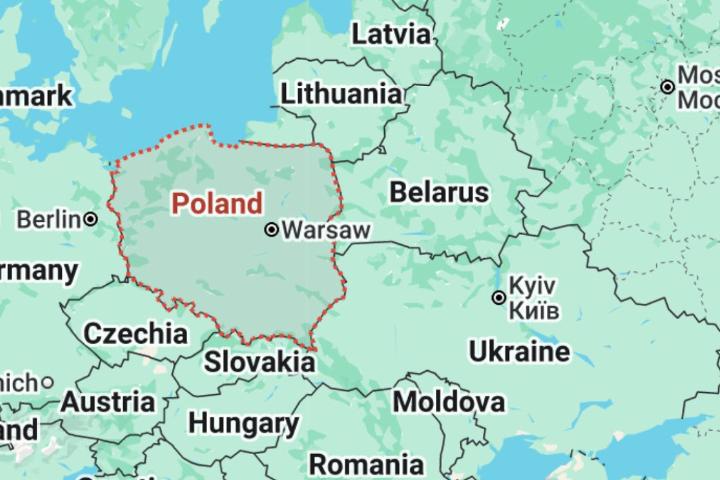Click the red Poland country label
click(x=217, y=204)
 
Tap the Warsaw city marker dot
click(x=272, y=230)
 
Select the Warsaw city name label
click(x=326, y=230)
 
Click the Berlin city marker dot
click(x=91, y=219)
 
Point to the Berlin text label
click(x=49, y=220)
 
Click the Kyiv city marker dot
click(x=499, y=297)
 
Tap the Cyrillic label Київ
click(x=534, y=311)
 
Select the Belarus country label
click(x=439, y=193)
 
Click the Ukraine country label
click(x=519, y=352)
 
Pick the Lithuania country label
click(x=341, y=95)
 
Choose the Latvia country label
click(x=391, y=34)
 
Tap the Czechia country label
click(x=136, y=333)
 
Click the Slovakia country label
click(x=259, y=363)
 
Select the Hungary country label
click(x=244, y=424)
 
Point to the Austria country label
click(x=108, y=402)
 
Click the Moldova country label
click(x=448, y=402)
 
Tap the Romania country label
click(x=366, y=465)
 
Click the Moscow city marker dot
click(x=668, y=87)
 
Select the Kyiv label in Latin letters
click(x=532, y=285)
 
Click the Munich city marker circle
click(x=47, y=383)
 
